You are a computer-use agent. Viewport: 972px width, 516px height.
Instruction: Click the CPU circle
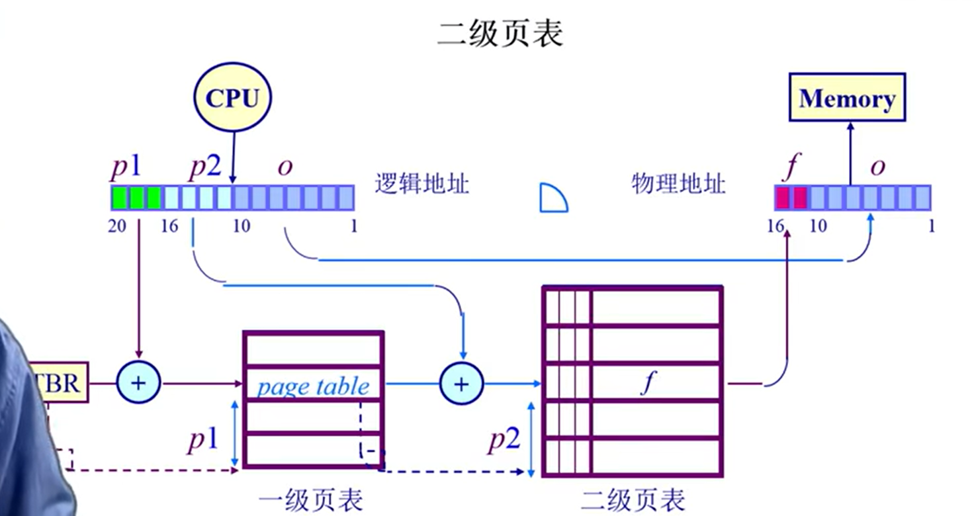coord(232,99)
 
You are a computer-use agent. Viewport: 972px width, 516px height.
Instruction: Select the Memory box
coord(847,98)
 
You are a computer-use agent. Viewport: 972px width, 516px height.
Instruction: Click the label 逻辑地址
coord(421,183)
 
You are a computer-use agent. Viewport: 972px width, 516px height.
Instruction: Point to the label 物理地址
coord(679,183)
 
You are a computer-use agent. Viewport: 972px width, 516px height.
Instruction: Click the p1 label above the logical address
coord(126,167)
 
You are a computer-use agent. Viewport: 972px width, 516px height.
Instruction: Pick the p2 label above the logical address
coord(204,167)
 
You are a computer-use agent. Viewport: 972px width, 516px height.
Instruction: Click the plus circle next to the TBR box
coord(139,383)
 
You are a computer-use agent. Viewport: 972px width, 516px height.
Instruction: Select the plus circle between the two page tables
coord(462,383)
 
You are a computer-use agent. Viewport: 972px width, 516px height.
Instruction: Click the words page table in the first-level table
coord(313,385)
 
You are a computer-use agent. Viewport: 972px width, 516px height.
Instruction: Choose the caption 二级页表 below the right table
coord(633,499)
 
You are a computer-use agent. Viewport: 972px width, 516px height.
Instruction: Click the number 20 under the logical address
coord(117,226)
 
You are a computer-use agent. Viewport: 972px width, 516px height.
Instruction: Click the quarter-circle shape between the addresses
coord(552,199)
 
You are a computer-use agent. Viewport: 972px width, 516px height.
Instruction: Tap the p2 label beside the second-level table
coord(504,439)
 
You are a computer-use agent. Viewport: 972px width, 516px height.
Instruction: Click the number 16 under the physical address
coord(775,226)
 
